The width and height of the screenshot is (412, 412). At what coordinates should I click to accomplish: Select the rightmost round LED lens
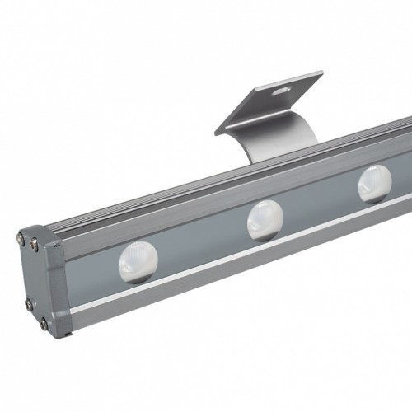[x=375, y=183]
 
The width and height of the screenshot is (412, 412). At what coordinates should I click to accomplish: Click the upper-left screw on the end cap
[x=20, y=240]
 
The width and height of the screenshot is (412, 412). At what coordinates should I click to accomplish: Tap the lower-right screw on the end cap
[x=43, y=322]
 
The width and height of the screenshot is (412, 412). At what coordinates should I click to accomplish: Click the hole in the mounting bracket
[x=283, y=86]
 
